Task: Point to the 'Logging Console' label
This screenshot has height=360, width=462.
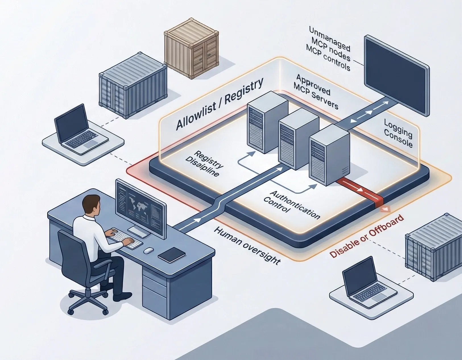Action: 398,133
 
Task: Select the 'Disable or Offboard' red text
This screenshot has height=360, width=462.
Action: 367,236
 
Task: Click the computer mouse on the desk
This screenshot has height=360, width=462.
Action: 148,250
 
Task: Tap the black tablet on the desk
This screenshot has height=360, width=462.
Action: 171,254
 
